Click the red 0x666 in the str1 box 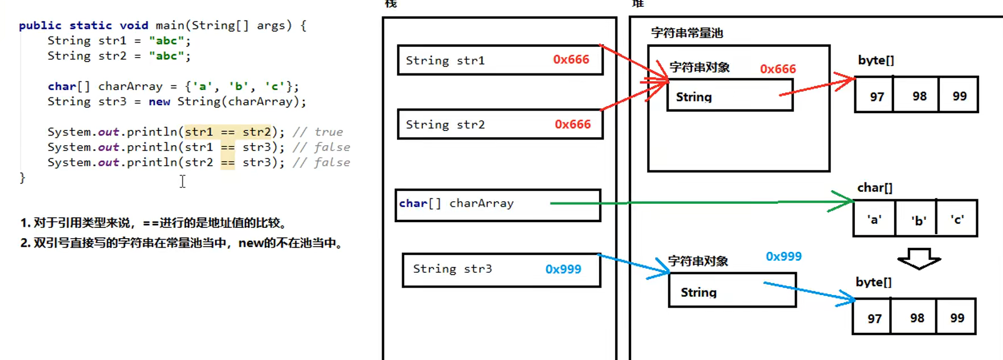pos(571,60)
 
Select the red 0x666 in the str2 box pos(572,124)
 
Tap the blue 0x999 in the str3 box pos(563,269)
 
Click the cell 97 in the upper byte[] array pos(877,96)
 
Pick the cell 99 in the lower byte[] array pos(957,318)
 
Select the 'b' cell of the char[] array pos(918,220)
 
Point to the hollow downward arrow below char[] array pos(919,258)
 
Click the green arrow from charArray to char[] pos(701,202)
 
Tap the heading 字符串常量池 pos(686,33)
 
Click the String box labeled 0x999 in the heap pos(732,292)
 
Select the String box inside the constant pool pos(729,96)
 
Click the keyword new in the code pos(159,101)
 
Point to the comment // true pos(318,132)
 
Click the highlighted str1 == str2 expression pos(228,132)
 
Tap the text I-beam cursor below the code pos(182,181)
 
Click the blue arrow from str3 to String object pos(632,265)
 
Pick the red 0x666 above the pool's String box pos(777,69)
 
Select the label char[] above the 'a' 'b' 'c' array pos(874,187)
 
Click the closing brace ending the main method pos(22,178)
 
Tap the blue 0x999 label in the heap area pos(783,256)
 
